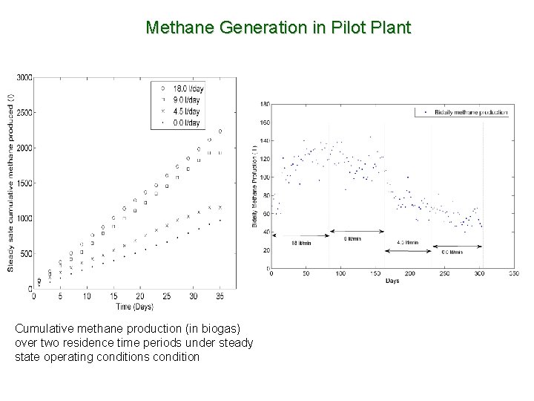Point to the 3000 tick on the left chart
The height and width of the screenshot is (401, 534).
click(x=23, y=76)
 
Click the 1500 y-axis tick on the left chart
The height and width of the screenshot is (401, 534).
click(x=23, y=183)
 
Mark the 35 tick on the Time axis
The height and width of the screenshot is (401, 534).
click(x=220, y=297)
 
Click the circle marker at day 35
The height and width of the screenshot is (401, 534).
click(x=220, y=131)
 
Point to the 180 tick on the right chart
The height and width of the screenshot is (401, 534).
click(x=265, y=104)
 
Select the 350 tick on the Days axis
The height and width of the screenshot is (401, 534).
click(x=512, y=274)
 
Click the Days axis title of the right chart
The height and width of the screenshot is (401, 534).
click(x=392, y=281)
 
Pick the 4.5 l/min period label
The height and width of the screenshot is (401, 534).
click(x=408, y=243)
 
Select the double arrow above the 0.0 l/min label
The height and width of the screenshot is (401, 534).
click(x=457, y=246)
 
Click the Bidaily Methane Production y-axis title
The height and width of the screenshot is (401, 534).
click(x=254, y=186)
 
